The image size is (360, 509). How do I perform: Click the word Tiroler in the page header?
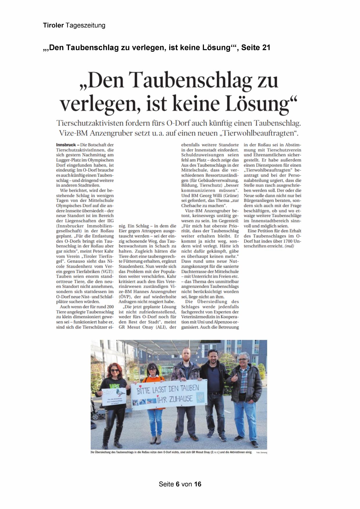click(53, 25)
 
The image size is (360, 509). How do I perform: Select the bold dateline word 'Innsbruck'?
click(66, 145)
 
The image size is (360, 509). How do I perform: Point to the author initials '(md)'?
click(289, 246)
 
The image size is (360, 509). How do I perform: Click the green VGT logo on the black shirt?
click(114, 385)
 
